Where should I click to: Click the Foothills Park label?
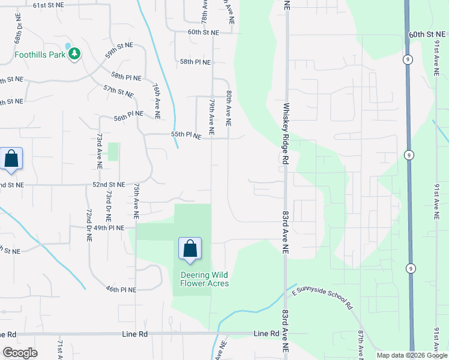click(x=40, y=55)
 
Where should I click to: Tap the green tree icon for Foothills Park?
click(x=74, y=54)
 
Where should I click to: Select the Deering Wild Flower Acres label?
click(x=205, y=279)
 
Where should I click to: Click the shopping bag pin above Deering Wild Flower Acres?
click(x=190, y=249)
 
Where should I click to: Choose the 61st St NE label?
click(x=49, y=5)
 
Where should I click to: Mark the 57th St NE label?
click(x=118, y=92)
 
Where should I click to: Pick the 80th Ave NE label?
click(x=229, y=109)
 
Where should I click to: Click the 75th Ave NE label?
click(x=137, y=197)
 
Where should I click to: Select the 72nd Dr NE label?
click(x=89, y=224)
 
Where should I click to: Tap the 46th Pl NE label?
click(x=121, y=289)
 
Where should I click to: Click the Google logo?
click(x=20, y=353)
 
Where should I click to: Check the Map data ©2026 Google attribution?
click(x=412, y=355)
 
